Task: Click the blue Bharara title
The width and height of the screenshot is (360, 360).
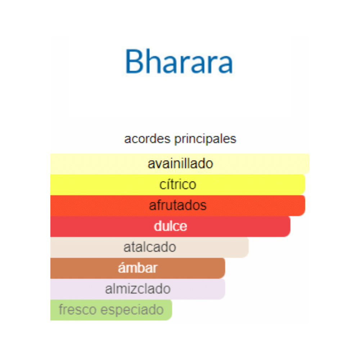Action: (179, 61)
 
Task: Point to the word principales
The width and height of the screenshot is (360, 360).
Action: (205, 139)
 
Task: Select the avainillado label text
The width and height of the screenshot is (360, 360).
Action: (180, 164)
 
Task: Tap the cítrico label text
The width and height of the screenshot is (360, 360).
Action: (178, 184)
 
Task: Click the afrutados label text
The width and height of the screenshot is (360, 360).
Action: (178, 205)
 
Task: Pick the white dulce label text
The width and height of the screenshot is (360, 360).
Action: (170, 226)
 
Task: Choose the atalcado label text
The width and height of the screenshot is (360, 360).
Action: (150, 247)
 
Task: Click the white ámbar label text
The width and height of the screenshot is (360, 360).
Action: (138, 268)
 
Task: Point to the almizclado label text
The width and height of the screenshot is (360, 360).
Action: (138, 289)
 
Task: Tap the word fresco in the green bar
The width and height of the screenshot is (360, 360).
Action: (78, 310)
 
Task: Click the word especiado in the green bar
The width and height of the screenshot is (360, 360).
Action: (132, 310)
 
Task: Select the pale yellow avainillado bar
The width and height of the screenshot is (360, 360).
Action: (180, 164)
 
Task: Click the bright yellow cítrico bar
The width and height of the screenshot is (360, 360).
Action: (178, 184)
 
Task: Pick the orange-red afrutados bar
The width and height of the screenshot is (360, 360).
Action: (178, 206)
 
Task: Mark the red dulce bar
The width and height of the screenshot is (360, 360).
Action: (170, 226)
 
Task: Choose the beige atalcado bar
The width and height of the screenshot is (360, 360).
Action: (149, 247)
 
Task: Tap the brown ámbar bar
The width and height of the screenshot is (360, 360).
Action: (138, 268)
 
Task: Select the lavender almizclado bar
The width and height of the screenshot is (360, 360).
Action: (138, 289)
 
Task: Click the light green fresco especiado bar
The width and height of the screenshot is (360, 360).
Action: (111, 310)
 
